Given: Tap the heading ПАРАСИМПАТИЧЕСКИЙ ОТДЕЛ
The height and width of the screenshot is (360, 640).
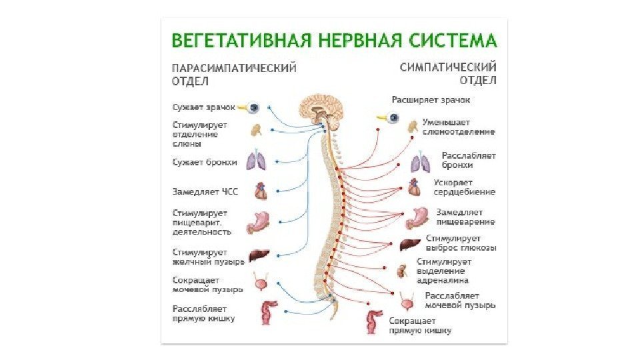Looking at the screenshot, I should coord(234,74).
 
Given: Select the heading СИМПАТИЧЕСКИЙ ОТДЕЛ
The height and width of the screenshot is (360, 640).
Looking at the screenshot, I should coord(449,73).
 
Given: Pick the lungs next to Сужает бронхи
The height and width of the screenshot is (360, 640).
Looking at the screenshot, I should coord(255,161).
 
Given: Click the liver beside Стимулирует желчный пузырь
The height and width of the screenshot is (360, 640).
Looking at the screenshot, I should coord(258,256).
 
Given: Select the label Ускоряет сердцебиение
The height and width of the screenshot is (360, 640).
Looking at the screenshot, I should coord(464,187).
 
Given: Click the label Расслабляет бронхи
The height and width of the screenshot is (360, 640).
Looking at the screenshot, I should coord(469,160).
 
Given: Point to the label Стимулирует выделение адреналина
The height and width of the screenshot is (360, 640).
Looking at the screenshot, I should coord(445,271).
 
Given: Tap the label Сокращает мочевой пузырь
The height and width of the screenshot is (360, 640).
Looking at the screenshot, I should coord(207,285).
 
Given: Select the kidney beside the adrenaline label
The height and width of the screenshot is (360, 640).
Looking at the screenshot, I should coord(403,271).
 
